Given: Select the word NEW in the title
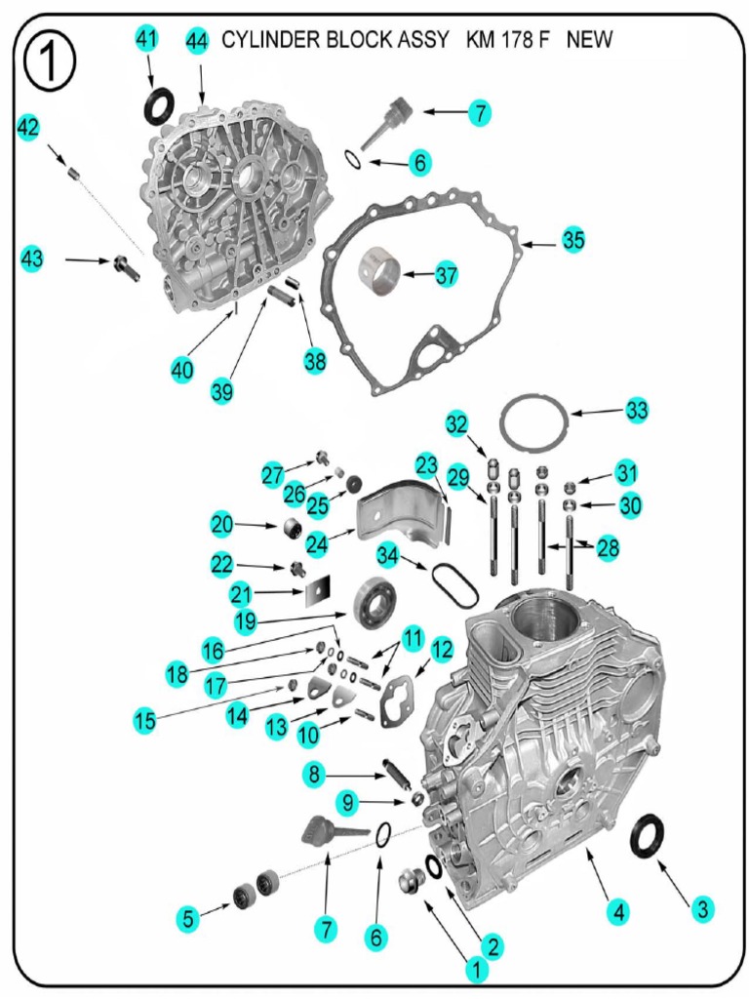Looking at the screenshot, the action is pos(589,41).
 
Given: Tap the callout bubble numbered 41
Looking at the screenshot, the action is pos(146,39).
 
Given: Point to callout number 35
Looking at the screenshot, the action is pos(573,240).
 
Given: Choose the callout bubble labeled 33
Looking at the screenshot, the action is pos(637,411).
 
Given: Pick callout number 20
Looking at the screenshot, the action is pos(222,524).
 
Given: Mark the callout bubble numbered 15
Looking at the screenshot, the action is pos(145,721).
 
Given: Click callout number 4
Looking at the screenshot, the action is pos(615,912).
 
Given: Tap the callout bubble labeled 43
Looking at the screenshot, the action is pos(32,260).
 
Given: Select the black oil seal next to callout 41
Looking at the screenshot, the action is pos(160,105).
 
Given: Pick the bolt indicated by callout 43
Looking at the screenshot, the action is pos(127,265).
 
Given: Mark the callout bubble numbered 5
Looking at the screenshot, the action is pos(188,918).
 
